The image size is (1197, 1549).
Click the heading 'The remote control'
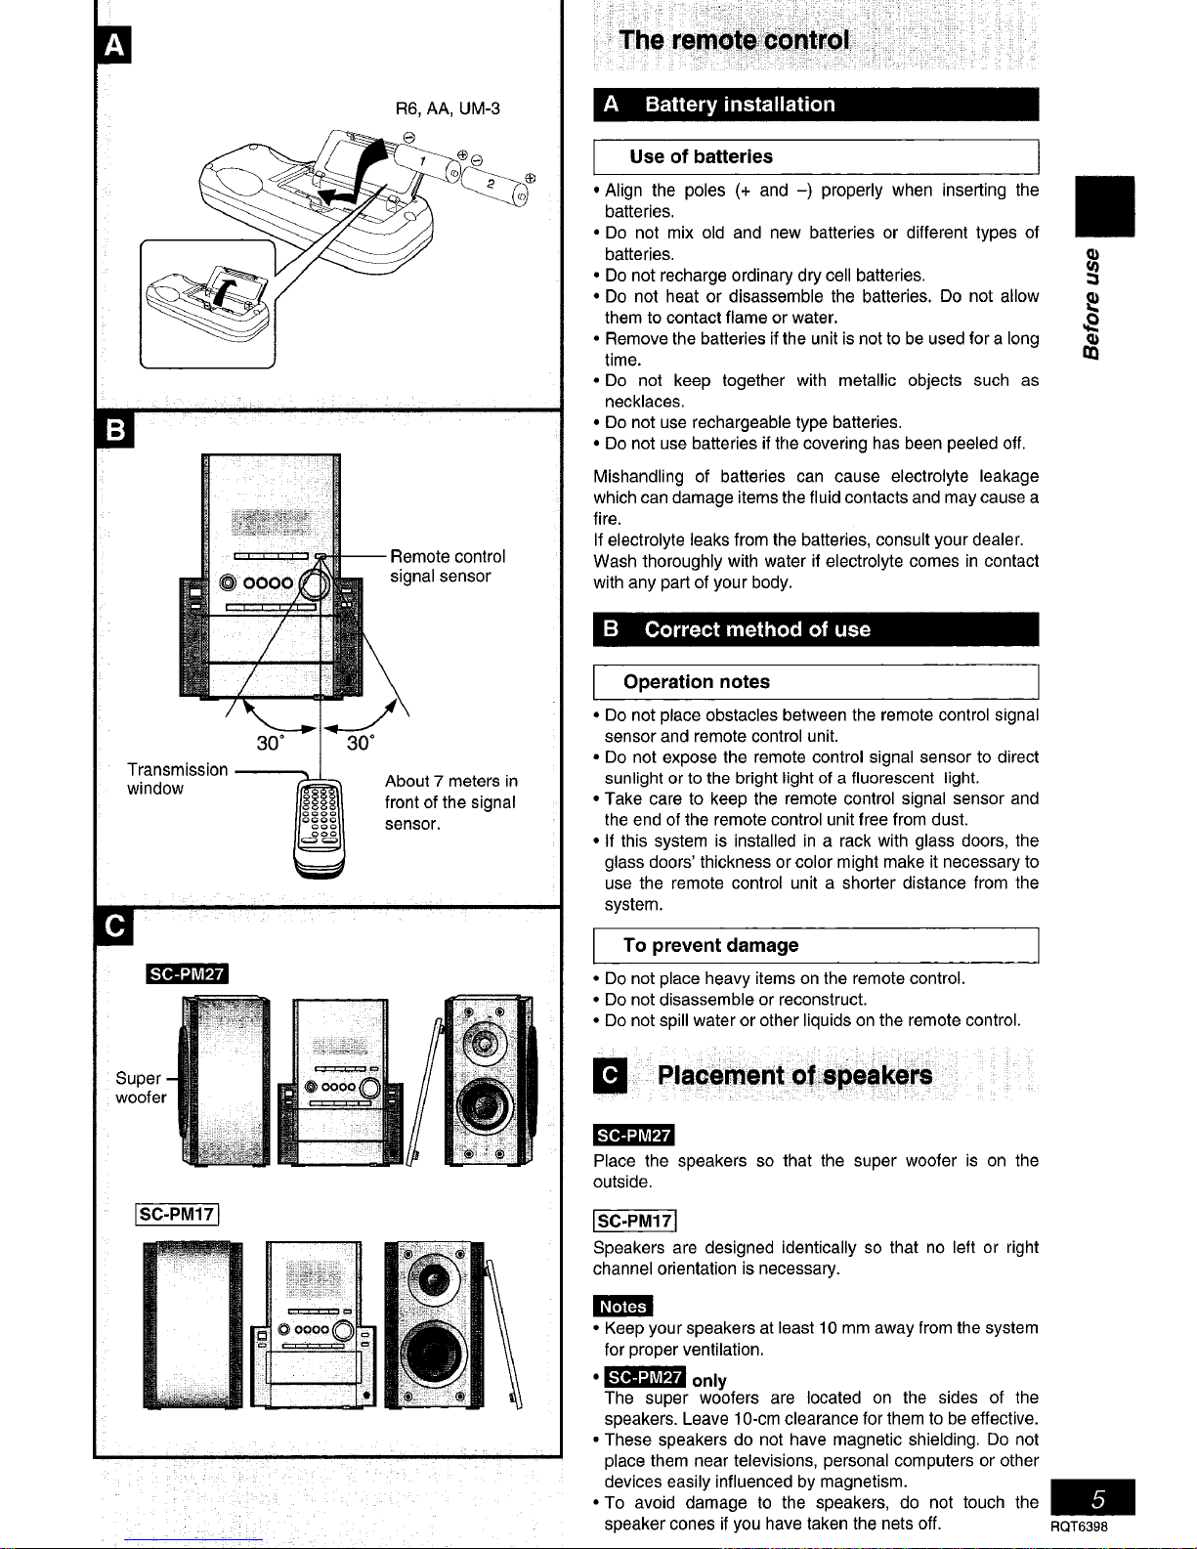(734, 41)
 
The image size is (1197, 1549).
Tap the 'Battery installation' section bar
(739, 105)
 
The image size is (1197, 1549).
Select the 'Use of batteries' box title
(701, 156)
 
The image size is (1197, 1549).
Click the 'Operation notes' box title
(696, 681)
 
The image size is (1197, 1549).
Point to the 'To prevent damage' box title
(710, 945)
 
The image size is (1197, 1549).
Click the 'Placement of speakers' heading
(793, 1076)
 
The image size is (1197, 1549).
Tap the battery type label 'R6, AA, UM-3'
(448, 108)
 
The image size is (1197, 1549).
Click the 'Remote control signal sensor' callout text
(448, 566)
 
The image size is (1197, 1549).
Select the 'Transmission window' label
(176, 779)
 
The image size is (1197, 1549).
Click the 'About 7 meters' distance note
(450, 801)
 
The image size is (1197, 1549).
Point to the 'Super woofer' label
(140, 1088)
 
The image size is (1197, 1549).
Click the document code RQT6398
(1080, 1528)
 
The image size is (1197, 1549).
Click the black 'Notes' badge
(622, 1307)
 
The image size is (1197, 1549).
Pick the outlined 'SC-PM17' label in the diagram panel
(176, 1215)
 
